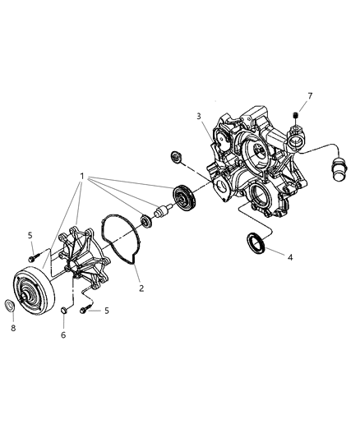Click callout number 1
click(x=82, y=176)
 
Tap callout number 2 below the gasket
click(x=141, y=288)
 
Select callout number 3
click(x=199, y=116)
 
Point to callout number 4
click(x=290, y=257)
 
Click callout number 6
click(x=63, y=334)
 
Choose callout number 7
click(x=310, y=96)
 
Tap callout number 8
click(x=13, y=328)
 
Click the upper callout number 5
click(x=30, y=236)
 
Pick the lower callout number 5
click(x=106, y=311)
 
